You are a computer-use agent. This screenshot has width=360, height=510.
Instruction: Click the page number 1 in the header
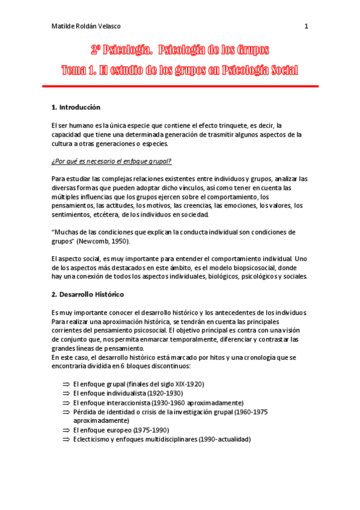306,26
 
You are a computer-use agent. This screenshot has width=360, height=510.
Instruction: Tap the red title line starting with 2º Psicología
180,50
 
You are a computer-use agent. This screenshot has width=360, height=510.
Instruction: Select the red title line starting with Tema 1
180,70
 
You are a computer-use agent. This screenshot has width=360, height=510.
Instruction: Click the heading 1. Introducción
76,107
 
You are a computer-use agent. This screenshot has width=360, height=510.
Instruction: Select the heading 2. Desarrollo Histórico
88,295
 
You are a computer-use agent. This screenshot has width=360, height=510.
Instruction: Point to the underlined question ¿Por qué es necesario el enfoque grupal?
111,161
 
